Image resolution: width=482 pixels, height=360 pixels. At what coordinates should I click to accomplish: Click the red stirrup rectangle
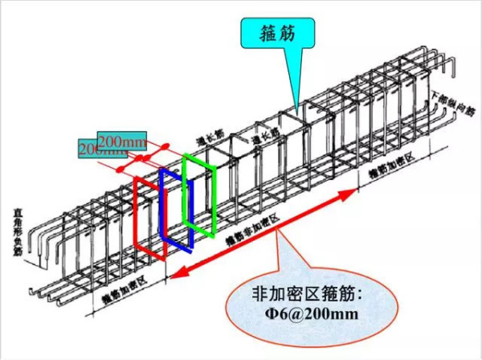[x=137, y=217]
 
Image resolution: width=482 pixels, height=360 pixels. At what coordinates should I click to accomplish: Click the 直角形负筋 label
[x=18, y=232]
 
